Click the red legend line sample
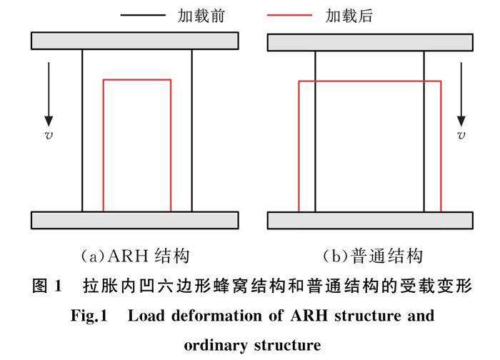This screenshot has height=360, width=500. (x=289, y=14)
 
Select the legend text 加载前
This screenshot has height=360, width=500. (x=202, y=14)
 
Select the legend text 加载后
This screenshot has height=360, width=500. (x=348, y=14)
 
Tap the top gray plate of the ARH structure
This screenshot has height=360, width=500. (x=135, y=41)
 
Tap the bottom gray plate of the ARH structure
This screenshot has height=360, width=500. (x=135, y=221)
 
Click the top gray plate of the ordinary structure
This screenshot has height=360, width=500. (x=369, y=42)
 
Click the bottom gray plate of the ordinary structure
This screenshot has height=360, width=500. (x=369, y=221)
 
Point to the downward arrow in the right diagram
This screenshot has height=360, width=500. (x=461, y=93)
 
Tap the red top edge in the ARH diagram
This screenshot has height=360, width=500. (x=137, y=80)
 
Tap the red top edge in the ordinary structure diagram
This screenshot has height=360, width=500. (x=369, y=82)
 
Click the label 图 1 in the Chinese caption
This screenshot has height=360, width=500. (x=49, y=286)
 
